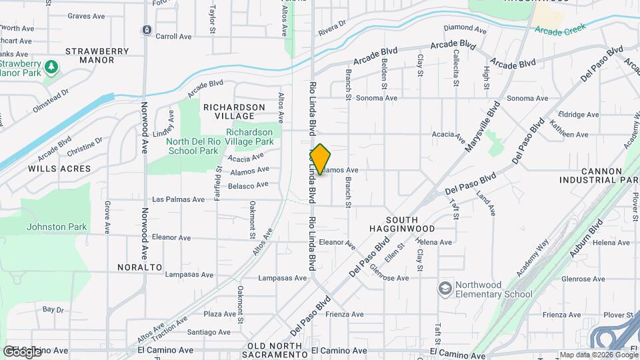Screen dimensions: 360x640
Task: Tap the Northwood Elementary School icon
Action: [445, 289]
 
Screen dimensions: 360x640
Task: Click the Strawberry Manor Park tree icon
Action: [51, 67]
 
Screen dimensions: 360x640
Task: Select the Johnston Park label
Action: [57, 227]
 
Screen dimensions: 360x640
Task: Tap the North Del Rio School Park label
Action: [183, 145]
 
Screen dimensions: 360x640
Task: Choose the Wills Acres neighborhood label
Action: [59, 169]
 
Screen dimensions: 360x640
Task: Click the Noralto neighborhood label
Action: [140, 267]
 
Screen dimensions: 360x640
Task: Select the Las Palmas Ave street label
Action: [179, 199]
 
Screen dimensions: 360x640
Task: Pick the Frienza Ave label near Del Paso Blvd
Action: [344, 314]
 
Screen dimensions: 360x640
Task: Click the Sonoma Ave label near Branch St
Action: [377, 97]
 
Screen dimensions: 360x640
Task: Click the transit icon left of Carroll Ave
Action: [146, 30]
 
